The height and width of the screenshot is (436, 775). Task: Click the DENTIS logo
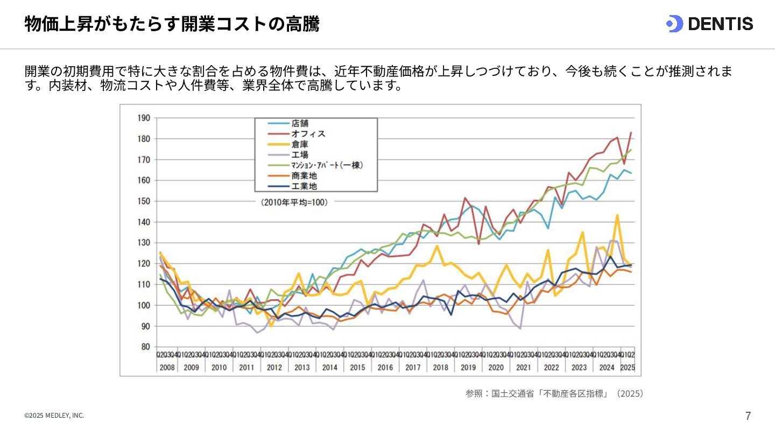(709, 24)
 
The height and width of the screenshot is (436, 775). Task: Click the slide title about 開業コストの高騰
(172, 24)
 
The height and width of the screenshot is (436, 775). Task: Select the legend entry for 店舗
(300, 123)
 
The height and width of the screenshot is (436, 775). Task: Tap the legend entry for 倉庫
(300, 144)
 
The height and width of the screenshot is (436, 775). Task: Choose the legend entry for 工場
(300, 155)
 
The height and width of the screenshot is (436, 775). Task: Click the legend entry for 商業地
(304, 176)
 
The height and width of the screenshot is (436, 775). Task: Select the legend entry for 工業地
(304, 186)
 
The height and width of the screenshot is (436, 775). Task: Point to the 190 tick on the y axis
(144, 118)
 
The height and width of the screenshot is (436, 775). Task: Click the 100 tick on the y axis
(144, 305)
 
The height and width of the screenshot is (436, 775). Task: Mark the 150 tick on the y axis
(144, 201)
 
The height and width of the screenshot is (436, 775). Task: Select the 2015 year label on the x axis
(357, 367)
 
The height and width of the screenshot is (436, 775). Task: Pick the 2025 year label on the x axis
(628, 367)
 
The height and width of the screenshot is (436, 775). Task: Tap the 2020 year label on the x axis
(496, 367)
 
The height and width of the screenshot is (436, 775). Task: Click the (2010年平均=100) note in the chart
(294, 202)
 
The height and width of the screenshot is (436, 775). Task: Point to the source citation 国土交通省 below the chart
(554, 393)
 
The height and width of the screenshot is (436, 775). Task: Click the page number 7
(748, 416)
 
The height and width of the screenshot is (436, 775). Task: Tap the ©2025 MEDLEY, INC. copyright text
(54, 416)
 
